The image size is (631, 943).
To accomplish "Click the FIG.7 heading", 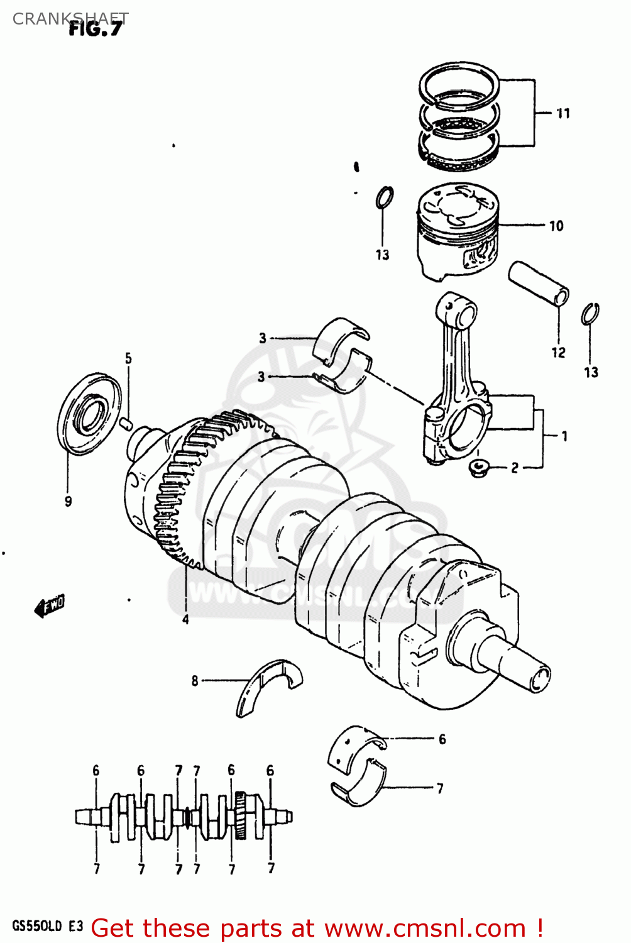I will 96,29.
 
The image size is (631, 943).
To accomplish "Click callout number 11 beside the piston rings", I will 563,114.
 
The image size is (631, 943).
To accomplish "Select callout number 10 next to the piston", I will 556,226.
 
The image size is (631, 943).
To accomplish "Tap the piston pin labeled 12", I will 539,284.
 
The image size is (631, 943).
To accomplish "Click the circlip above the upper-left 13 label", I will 385,197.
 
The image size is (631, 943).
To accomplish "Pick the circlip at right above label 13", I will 590,314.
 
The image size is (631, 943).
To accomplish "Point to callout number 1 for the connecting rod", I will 564,436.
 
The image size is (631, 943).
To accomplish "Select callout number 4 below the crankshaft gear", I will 185,620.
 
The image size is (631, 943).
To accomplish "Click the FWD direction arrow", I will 50,606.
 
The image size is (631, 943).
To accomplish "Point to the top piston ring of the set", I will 459,83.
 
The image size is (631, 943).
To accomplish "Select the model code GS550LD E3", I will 47,926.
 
